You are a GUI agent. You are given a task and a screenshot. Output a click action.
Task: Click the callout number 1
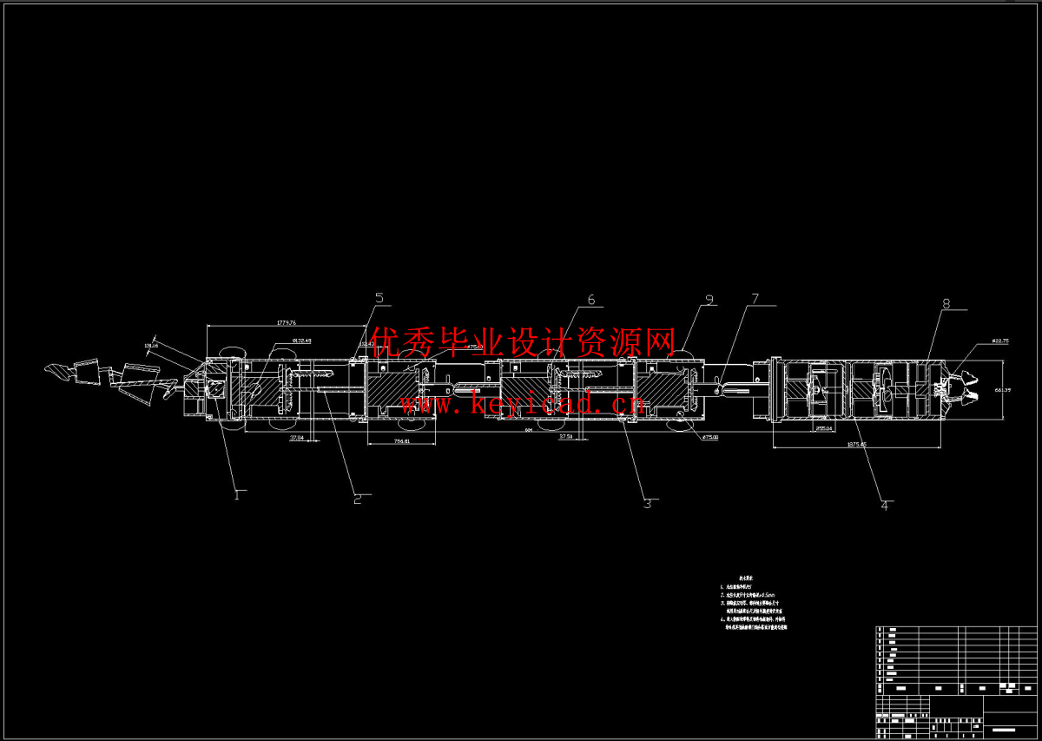[235, 495]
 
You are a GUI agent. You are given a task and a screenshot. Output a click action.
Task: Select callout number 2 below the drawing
[356, 499]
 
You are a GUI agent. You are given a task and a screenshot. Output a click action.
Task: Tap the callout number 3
[646, 503]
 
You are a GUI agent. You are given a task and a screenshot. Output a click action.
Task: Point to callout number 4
[885, 504]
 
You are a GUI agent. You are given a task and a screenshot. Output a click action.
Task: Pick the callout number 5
[379, 299]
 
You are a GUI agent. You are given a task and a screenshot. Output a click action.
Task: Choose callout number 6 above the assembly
[591, 301]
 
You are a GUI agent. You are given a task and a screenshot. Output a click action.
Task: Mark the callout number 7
[754, 300]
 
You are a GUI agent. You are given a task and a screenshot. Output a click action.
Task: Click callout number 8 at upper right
[946, 304]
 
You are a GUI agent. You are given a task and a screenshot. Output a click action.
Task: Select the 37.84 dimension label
[295, 438]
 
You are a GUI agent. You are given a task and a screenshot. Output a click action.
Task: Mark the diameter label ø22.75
[999, 341]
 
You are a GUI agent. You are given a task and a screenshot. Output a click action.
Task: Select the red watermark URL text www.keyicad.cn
[521, 402]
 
